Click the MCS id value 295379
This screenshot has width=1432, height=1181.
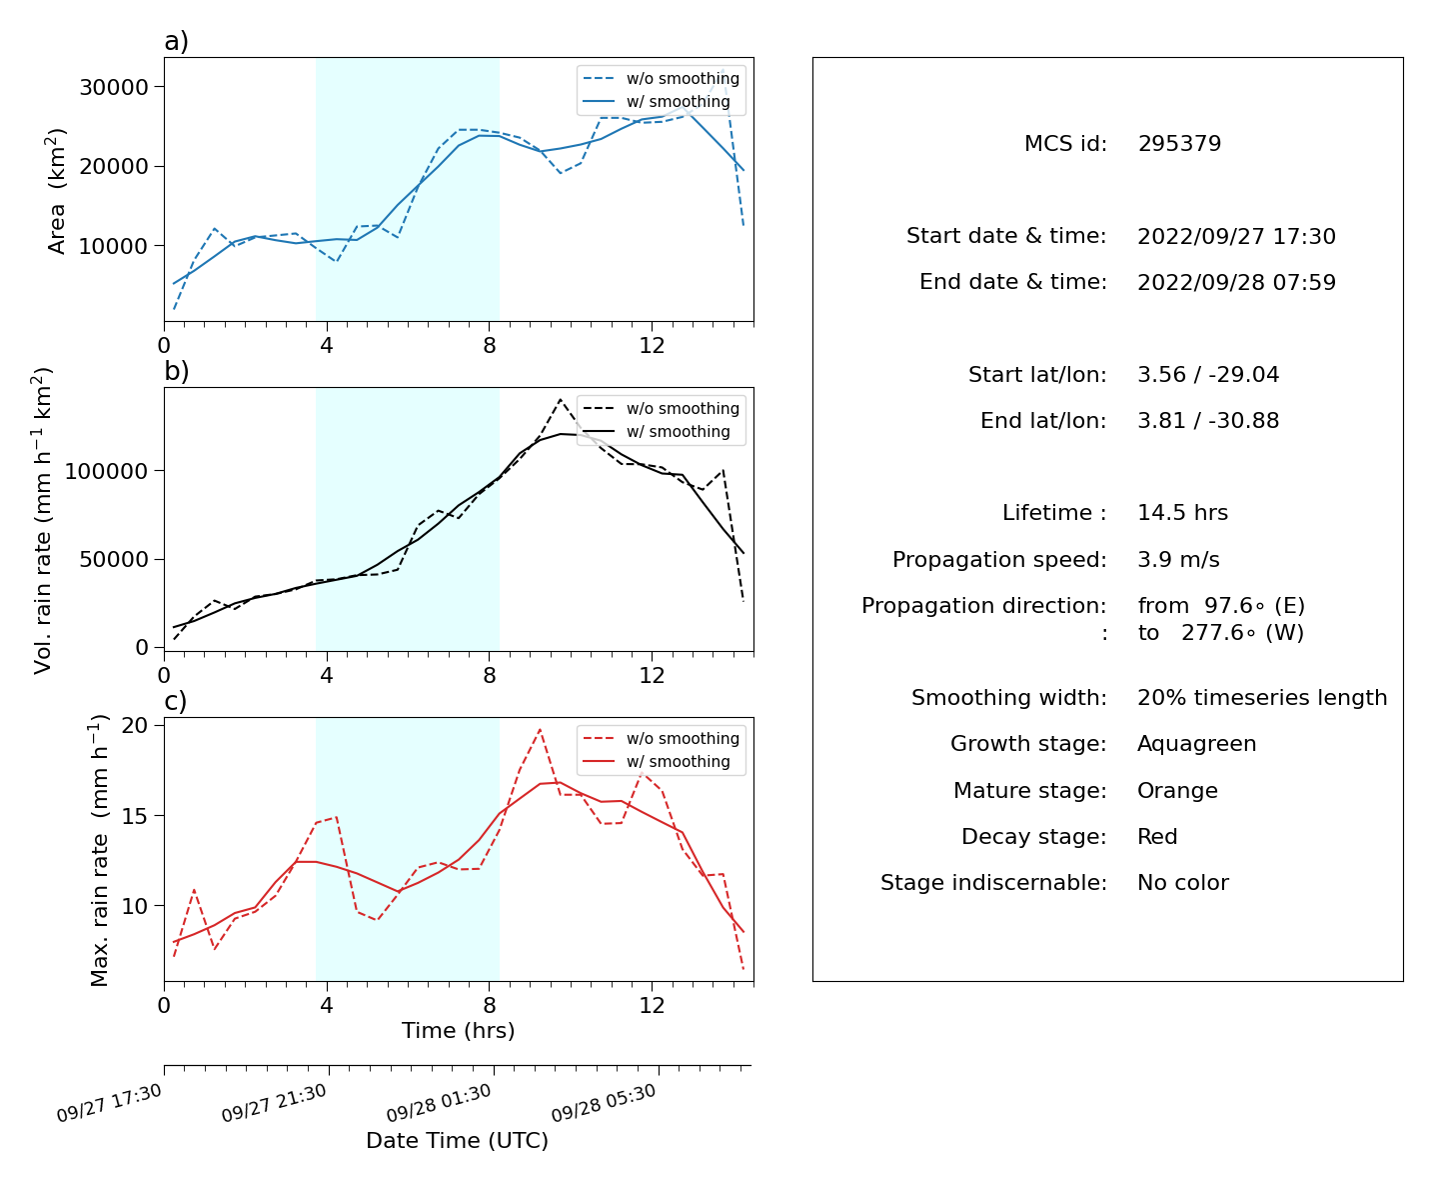coord(1179,143)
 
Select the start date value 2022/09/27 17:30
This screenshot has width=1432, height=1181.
coord(1236,236)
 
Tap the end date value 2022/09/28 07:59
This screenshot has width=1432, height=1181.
coord(1236,282)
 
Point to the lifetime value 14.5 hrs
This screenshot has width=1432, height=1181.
coord(1182,513)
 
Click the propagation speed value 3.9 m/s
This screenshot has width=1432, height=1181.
coord(1178,559)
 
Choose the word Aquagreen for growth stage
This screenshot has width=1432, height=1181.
coord(1196,744)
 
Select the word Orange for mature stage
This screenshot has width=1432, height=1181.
coord(1177,791)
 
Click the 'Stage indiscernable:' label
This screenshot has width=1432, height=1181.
coord(993,882)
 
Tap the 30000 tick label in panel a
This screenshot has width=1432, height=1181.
coord(114,87)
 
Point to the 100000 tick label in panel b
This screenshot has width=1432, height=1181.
coord(106,471)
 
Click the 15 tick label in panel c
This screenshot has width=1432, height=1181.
coord(135,816)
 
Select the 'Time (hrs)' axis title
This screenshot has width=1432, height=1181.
coord(458,1031)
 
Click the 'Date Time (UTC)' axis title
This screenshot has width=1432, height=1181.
coord(458,1140)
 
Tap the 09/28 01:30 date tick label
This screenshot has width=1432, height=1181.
coord(439,1103)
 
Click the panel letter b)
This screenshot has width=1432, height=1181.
coord(176,371)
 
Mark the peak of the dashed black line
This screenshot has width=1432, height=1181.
coord(561,399)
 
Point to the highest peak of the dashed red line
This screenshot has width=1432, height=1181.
coord(540,729)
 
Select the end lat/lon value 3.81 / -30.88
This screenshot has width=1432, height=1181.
coord(1208,421)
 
